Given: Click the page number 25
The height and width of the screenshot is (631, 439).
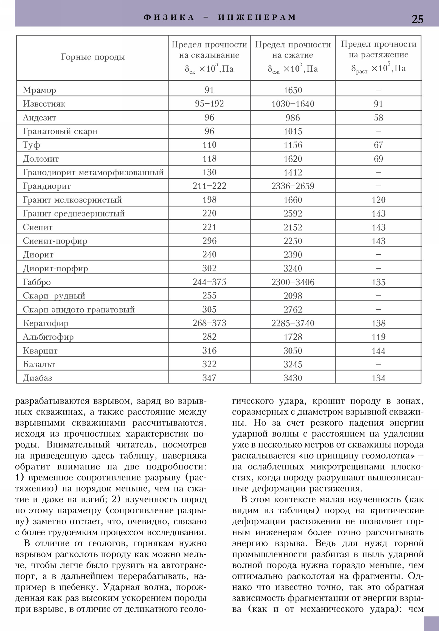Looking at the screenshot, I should click(417, 19).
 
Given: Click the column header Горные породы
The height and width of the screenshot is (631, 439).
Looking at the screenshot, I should click(93, 57).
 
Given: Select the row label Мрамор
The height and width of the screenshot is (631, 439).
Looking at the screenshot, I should click(39, 90).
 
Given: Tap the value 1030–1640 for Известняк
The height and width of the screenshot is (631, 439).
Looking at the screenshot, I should click(293, 104).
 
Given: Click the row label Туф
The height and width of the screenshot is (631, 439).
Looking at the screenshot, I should click(31, 145).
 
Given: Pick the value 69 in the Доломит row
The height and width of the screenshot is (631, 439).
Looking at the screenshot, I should click(378, 159).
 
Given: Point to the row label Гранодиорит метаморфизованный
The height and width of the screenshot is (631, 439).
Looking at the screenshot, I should click(93, 173).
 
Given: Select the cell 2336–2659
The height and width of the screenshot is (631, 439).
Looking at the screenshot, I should click(293, 186).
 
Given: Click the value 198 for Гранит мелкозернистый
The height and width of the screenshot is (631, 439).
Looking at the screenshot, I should click(209, 200).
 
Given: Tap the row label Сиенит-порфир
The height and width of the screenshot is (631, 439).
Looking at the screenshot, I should click(55, 241).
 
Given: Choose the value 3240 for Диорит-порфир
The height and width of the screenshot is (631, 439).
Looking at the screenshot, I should click(293, 269).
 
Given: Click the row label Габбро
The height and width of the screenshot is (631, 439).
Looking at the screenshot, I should click(36, 282).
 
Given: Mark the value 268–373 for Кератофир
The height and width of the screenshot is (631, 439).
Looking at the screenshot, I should click(209, 323).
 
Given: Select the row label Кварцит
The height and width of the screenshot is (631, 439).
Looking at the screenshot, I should click(40, 351).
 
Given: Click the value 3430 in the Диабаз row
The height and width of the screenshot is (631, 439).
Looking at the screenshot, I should click(293, 378).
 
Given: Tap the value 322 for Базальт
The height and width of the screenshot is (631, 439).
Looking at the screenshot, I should click(209, 364).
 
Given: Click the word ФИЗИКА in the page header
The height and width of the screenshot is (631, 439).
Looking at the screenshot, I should click(169, 17).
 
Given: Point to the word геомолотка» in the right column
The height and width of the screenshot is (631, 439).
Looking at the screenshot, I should click(388, 456).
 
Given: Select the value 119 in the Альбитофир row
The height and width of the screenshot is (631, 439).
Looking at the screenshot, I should click(378, 337).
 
